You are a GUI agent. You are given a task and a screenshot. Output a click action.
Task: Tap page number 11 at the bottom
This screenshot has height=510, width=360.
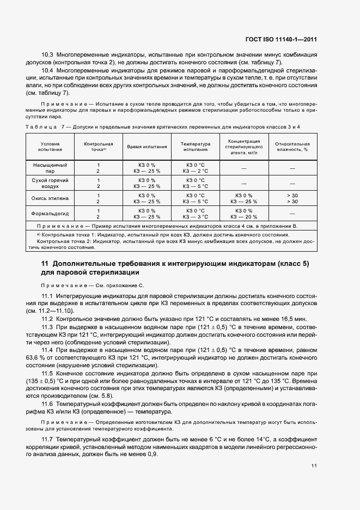(x=314, y=466)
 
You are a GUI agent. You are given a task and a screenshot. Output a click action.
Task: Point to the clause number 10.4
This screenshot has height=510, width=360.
(x=48, y=71)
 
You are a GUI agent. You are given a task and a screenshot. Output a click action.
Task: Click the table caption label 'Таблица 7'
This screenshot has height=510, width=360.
(x=44, y=126)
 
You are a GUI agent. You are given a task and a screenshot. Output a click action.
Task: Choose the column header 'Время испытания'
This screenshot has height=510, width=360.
(x=147, y=147)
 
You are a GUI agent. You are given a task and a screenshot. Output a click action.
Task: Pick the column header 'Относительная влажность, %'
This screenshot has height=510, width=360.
(x=292, y=144)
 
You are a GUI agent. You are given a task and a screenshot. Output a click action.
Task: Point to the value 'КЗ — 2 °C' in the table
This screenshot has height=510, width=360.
(x=195, y=171)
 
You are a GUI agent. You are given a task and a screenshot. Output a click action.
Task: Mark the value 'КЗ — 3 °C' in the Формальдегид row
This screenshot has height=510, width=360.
(x=195, y=216)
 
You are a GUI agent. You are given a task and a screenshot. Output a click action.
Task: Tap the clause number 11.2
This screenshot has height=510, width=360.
(x=47, y=318)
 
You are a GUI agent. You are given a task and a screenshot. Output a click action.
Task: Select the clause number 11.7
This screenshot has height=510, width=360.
(x=47, y=439)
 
